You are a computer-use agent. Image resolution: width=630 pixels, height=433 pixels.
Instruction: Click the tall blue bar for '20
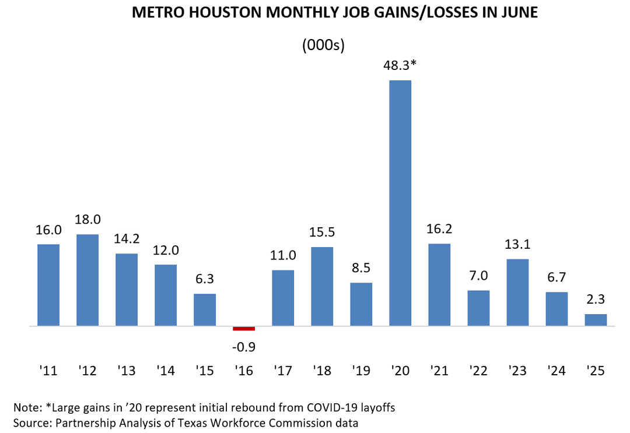pos(400,203)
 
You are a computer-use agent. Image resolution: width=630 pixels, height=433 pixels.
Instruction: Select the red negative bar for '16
pos(244,329)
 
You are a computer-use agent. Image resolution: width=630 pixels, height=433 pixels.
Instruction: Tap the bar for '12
pos(87,280)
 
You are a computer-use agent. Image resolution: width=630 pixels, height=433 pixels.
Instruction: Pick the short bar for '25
pos(596,320)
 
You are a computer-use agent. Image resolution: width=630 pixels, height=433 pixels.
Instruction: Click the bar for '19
pos(361,304)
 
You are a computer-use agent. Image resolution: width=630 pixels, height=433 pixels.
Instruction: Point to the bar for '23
pos(517,292)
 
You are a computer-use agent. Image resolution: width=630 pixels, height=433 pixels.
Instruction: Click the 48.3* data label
pos(400,67)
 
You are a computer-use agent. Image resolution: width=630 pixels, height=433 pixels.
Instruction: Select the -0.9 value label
pos(244,347)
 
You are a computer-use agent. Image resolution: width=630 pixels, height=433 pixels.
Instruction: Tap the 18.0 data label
pos(87,220)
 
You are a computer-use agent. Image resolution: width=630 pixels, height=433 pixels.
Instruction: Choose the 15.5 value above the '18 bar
pos(322,233)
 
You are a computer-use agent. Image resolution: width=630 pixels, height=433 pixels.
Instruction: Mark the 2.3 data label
pos(596,300)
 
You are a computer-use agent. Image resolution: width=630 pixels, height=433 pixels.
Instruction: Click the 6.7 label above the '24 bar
pos(556,277)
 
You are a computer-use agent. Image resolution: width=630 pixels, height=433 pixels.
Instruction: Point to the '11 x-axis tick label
pos(48,371)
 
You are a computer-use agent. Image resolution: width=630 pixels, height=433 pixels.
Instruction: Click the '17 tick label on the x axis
pos(283,371)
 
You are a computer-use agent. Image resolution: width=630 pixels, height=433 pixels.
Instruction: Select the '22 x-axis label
pos(478,371)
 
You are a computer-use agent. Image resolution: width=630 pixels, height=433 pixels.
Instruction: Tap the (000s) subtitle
pos(323,45)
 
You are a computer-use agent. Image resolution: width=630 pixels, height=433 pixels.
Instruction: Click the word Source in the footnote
pos(27,421)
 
